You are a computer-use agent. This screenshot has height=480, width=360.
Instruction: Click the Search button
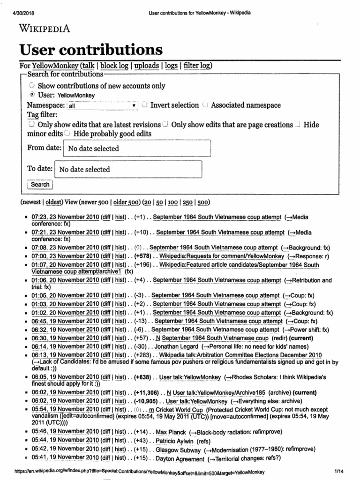(40, 185)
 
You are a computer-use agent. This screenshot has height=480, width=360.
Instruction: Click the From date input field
(137, 149)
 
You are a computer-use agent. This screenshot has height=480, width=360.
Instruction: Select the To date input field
(128, 170)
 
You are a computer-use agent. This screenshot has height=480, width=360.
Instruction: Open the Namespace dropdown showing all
(103, 106)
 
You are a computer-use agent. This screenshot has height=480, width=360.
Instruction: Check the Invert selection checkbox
(145, 105)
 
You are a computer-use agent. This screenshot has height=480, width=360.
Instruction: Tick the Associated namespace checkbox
(205, 105)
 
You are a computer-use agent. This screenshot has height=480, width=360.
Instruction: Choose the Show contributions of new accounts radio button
(31, 86)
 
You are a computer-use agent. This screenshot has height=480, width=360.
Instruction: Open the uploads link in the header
(146, 66)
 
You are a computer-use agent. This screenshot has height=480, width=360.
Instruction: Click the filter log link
(197, 66)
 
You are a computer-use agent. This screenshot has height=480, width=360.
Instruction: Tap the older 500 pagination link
(127, 202)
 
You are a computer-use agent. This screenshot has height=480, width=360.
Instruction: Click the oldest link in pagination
(54, 202)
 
